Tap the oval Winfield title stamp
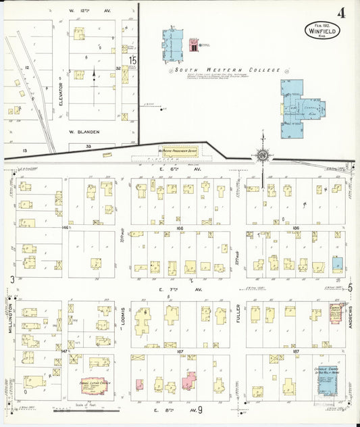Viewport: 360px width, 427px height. coord(322,30)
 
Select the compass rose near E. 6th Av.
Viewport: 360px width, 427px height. coord(263,155)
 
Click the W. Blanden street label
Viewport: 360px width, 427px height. coord(84,132)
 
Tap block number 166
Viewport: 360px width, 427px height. coord(180,230)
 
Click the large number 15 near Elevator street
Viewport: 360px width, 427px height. coord(134,61)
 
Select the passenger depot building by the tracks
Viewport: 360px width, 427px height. coord(178,152)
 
